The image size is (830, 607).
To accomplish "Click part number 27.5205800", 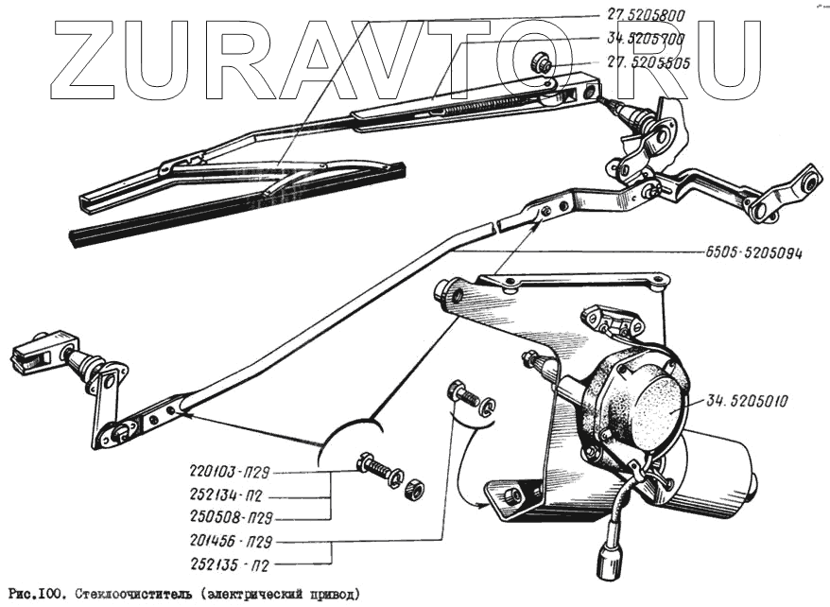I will (646, 15).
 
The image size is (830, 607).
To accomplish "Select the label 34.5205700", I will (647, 39).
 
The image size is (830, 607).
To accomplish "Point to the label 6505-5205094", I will (754, 253).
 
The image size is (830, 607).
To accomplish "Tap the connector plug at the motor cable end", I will (604, 564).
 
